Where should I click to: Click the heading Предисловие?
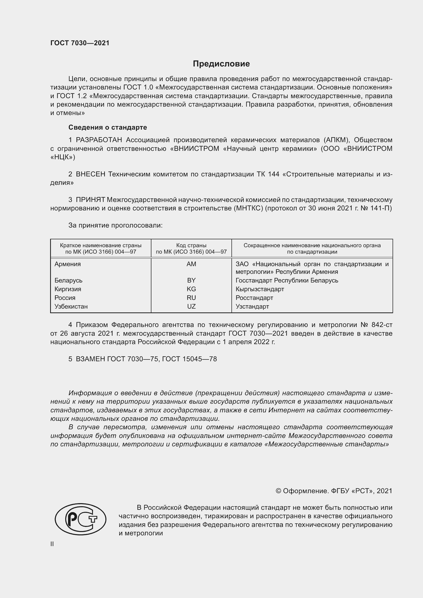coord(221,64)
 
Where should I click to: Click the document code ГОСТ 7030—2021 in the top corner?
coord(80,43)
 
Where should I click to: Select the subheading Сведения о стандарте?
coord(108,127)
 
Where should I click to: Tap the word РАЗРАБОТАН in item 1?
coord(99,140)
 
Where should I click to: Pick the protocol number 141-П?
coord(382,208)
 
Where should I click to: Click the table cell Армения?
coord(68,264)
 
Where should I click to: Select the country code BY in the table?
coord(191,280)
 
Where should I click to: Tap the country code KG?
coord(191,289)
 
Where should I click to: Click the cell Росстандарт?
coord(254,298)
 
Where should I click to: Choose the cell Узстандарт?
coord(252,307)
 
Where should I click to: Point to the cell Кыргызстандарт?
coord(260,289)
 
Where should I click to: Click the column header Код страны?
coord(191,246)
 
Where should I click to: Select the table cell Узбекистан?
coord(71,307)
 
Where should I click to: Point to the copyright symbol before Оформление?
coord(278,491)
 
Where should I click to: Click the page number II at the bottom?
coord(52,544)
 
